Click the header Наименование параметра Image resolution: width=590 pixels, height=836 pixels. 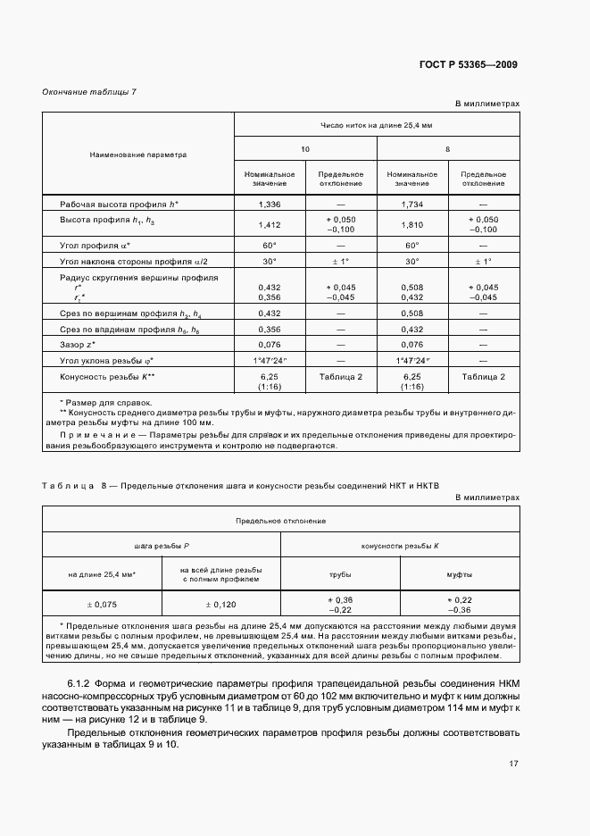138,155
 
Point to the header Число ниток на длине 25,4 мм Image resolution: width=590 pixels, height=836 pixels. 376,125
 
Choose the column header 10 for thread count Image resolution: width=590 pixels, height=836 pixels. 305,148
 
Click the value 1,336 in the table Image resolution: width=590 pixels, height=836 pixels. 269,205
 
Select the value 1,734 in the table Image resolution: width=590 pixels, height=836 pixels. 411,205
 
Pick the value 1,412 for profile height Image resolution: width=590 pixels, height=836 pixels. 269,224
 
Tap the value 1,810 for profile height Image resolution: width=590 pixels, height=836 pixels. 411,224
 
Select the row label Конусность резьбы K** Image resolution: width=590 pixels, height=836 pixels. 108,378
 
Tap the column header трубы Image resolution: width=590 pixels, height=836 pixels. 340,574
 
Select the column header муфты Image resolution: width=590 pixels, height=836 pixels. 460,574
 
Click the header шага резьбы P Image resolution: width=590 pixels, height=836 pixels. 162,545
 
